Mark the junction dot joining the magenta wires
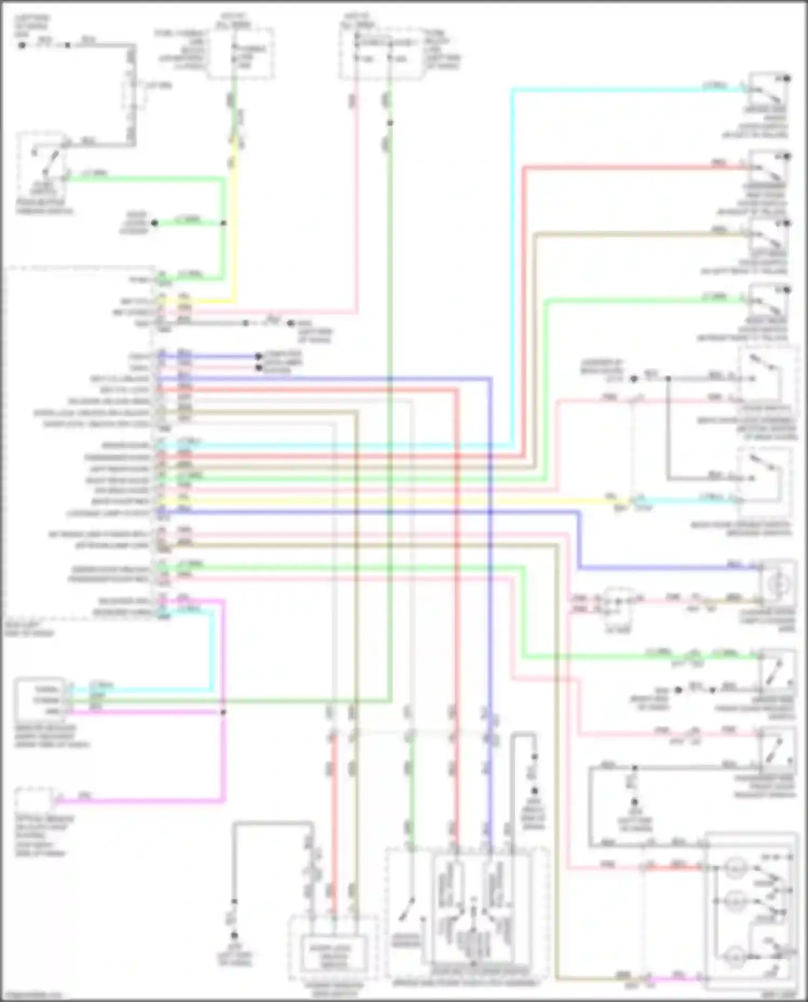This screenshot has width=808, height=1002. [x=223, y=712]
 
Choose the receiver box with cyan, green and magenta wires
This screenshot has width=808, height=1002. [x=40, y=700]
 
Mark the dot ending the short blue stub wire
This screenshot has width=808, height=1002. [x=259, y=356]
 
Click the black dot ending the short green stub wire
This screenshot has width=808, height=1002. [x=154, y=223]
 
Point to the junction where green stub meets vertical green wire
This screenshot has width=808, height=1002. [x=223, y=223]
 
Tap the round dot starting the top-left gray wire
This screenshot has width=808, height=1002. [x=22, y=45]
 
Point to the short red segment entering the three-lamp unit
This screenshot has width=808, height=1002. [x=679, y=867]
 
